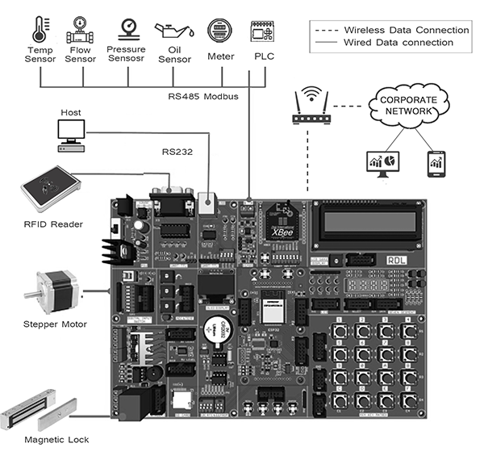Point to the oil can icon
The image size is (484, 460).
174,31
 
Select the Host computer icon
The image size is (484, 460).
68,136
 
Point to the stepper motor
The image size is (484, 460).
52,293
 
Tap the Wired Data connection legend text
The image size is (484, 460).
398,42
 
